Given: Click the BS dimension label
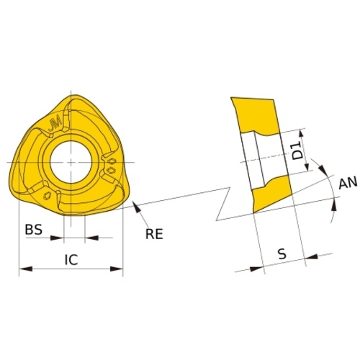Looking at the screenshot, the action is pos(34,230).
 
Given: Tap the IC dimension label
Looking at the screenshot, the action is pos(71,259).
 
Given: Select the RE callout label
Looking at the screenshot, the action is pos(154,234).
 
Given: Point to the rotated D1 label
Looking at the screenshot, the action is pos(297,150).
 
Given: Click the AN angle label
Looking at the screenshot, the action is pos(348,184).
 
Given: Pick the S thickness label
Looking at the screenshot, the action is pos(282,254).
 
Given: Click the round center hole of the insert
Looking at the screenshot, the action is pos(71,162).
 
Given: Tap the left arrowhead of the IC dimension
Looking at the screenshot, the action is pos(26,269).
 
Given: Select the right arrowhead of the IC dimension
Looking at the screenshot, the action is pos(116,269).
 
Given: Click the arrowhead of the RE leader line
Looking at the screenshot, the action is pos(136,207).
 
